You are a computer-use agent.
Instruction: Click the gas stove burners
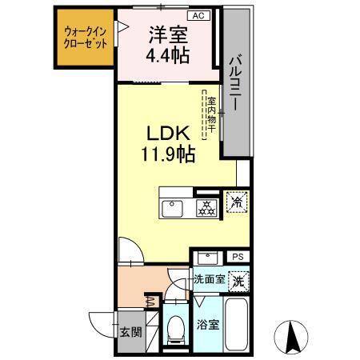pos(206,207)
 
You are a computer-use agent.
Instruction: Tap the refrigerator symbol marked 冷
pos(238,202)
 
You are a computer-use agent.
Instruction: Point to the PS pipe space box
pos(238,256)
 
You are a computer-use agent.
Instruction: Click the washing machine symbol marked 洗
pos(237,281)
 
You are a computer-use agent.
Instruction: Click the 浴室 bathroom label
pos(207,326)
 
